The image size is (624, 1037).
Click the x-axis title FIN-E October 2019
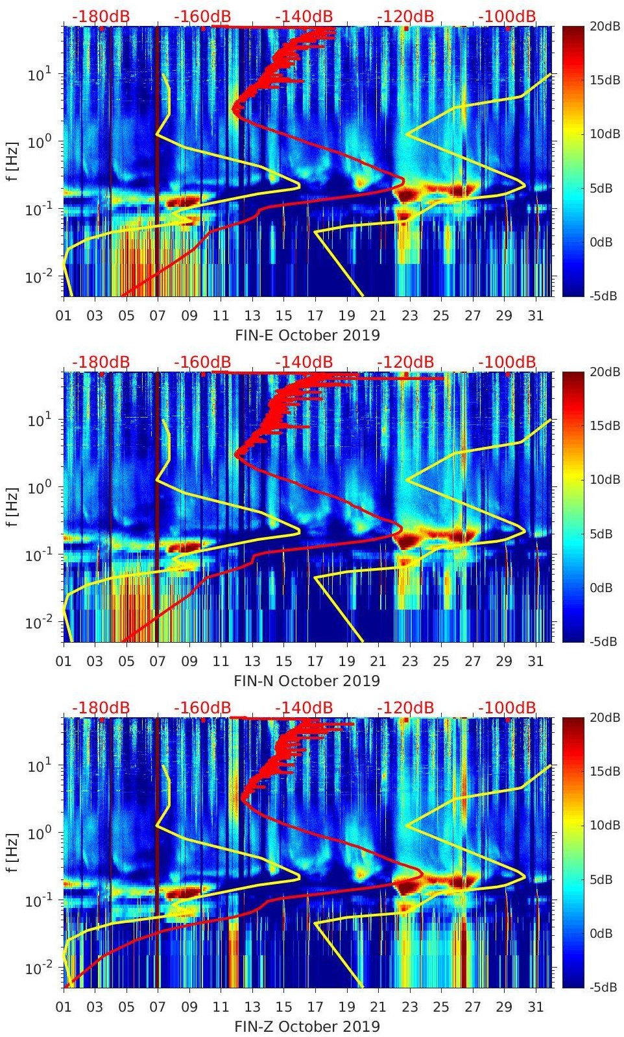[x=307, y=335]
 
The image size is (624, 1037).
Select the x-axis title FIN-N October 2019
[x=307, y=681]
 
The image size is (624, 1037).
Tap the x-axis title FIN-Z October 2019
[x=307, y=1027]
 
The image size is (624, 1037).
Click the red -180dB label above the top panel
[x=101, y=16]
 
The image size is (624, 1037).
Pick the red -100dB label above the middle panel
[x=507, y=362]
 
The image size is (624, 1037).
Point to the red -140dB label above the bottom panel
[x=304, y=708]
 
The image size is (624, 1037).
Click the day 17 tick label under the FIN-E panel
[x=315, y=316]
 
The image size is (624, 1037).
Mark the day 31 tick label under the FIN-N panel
[x=535, y=662]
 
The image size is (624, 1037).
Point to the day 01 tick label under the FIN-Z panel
[x=64, y=1007]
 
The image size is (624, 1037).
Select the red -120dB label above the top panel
[x=405, y=16]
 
